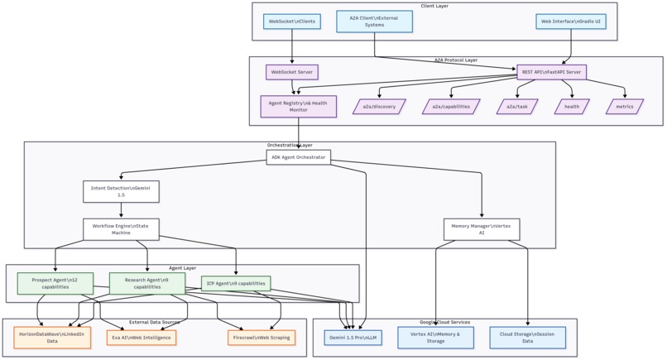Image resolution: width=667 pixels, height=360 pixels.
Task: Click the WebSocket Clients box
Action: click(x=291, y=22)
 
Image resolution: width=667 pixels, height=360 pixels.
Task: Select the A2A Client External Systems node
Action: click(x=374, y=22)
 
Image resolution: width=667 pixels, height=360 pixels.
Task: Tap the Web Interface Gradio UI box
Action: click(x=570, y=22)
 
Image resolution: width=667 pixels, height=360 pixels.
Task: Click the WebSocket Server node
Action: click(x=291, y=73)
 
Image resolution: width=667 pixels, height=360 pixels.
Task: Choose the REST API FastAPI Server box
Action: click(x=551, y=73)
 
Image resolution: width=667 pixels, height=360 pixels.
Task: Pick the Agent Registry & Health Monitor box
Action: click(x=298, y=106)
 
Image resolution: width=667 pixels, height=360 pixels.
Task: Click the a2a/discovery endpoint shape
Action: click(x=379, y=107)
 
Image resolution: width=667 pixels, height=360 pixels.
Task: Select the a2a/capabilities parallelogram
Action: click(x=451, y=107)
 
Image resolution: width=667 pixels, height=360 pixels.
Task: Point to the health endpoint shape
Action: click(x=572, y=107)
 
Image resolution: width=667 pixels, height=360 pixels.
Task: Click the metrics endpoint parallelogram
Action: click(x=625, y=107)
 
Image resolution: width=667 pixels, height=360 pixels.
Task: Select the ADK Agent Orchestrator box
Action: click(x=299, y=156)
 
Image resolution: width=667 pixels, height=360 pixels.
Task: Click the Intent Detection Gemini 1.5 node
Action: click(x=121, y=191)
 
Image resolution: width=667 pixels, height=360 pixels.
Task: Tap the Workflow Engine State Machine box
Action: click(x=121, y=228)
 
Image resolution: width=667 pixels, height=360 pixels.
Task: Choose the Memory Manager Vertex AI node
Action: click(x=482, y=228)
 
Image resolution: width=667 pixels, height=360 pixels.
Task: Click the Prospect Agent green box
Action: click(x=55, y=283)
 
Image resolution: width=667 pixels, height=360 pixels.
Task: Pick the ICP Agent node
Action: click(x=236, y=283)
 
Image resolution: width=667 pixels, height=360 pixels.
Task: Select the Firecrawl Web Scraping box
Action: click(x=262, y=338)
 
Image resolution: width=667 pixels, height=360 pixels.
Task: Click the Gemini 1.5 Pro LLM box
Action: click(x=353, y=338)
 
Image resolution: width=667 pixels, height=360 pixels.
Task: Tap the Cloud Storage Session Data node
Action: click(x=527, y=337)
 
